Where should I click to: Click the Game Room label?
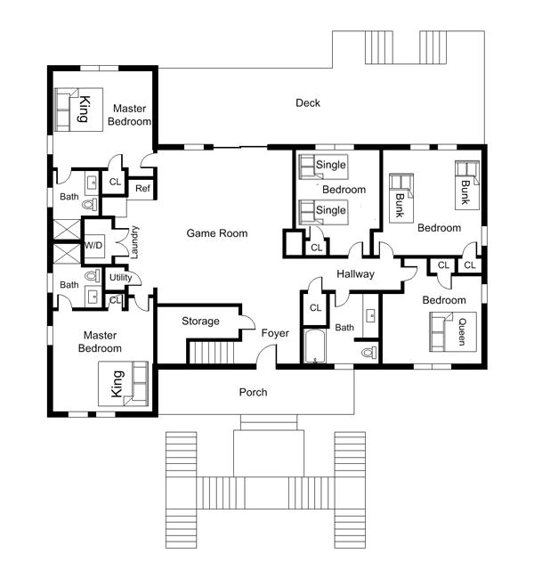(x=217, y=233)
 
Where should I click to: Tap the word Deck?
(x=308, y=102)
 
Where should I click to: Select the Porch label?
(x=254, y=392)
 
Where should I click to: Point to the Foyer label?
(x=275, y=333)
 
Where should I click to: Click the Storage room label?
(x=200, y=322)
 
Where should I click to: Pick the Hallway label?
(x=356, y=274)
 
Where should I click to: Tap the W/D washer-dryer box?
(x=93, y=246)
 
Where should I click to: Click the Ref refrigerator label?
(x=142, y=188)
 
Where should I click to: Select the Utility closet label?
(x=121, y=277)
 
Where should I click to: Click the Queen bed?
(x=453, y=331)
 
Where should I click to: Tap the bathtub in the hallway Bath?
(x=315, y=346)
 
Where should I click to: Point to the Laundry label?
(x=134, y=242)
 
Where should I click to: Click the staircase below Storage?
(x=212, y=353)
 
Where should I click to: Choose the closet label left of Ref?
(x=115, y=182)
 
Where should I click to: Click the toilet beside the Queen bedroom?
(x=368, y=353)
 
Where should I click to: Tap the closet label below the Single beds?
(x=317, y=248)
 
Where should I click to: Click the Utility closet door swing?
(x=135, y=278)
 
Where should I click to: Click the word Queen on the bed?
(x=463, y=332)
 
